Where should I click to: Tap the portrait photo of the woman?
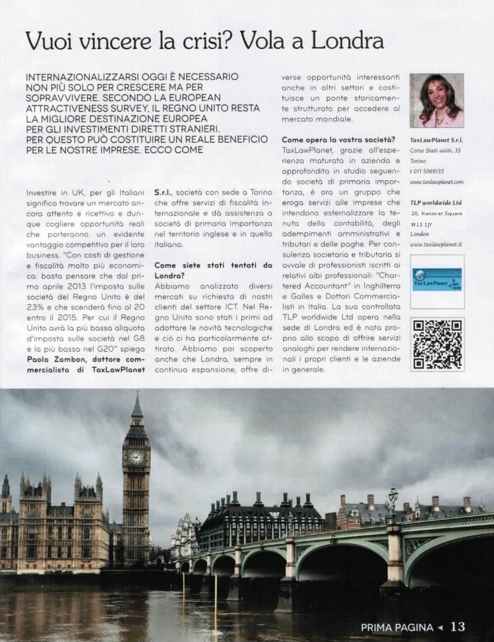click(x=436, y=100)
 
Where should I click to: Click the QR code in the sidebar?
click(x=438, y=344)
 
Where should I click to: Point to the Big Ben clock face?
click(x=136, y=457)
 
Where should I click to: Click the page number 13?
click(x=458, y=626)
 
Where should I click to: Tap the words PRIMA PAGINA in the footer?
click(x=397, y=626)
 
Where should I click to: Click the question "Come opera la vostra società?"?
click(x=338, y=139)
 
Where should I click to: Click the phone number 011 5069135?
click(x=428, y=171)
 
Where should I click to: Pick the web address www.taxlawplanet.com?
click(x=436, y=181)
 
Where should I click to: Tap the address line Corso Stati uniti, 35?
click(x=435, y=151)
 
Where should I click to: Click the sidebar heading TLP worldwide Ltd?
click(x=436, y=203)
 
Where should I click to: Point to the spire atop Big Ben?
click(x=136, y=405)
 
